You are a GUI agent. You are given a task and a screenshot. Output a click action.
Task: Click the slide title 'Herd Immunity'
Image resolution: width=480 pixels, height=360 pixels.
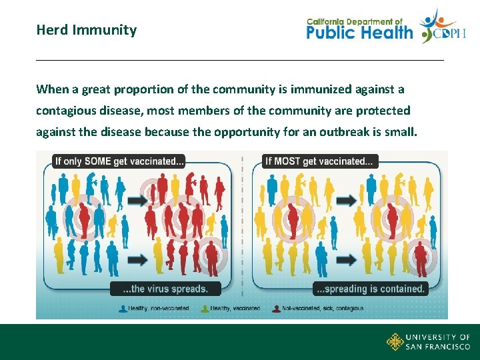point(87,30)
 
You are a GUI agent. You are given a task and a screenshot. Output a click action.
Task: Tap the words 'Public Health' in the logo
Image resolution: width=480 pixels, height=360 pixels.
point(360,32)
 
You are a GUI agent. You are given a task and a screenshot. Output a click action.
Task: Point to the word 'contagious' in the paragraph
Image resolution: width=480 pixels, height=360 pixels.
point(66,111)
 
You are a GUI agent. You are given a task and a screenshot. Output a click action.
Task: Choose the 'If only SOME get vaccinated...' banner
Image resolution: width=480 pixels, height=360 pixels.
point(119,161)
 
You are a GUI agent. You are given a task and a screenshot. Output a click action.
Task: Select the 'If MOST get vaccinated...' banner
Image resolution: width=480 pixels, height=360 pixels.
point(321,161)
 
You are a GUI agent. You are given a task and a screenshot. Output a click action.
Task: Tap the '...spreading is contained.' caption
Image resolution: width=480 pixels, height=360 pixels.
point(370,289)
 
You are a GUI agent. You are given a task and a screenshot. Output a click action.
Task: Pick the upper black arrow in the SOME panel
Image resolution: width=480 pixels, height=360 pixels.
point(138,200)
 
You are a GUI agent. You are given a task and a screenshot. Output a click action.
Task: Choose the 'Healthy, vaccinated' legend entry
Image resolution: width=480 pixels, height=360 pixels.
point(234,309)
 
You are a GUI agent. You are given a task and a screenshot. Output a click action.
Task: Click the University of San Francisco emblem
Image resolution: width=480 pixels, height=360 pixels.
point(395,342)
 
